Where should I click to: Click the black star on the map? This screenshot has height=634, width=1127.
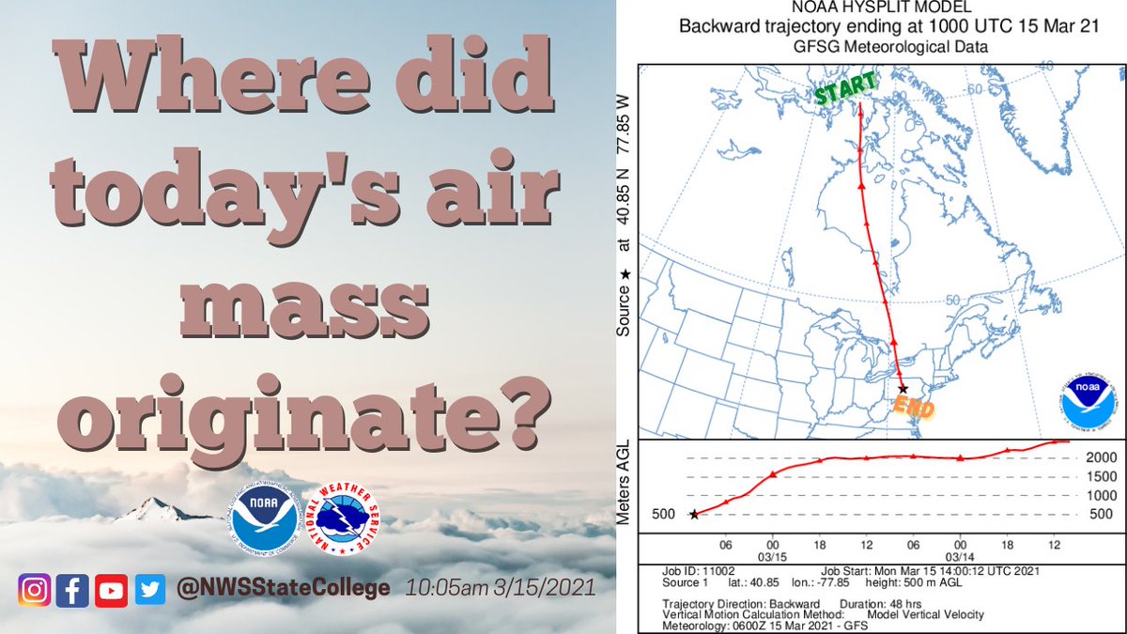coord(903,388)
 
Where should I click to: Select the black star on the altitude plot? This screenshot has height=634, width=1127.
coord(694,514)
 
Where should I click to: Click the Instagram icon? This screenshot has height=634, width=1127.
coord(34,590)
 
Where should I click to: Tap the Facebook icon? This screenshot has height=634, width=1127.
coord(71,590)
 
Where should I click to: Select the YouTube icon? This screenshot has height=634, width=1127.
coord(111,590)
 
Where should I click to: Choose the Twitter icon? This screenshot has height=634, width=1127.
coord(149,590)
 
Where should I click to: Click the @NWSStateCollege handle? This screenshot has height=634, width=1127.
coord(284,589)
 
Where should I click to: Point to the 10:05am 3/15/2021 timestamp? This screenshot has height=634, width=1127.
coord(501,590)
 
